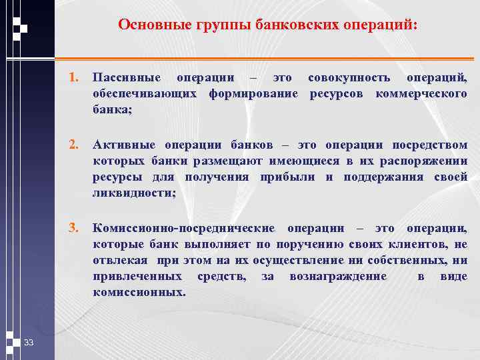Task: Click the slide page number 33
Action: point(29,343)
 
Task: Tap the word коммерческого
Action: point(421,94)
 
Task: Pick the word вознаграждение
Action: point(338,276)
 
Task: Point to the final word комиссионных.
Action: point(139,292)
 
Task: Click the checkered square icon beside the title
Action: point(19,25)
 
